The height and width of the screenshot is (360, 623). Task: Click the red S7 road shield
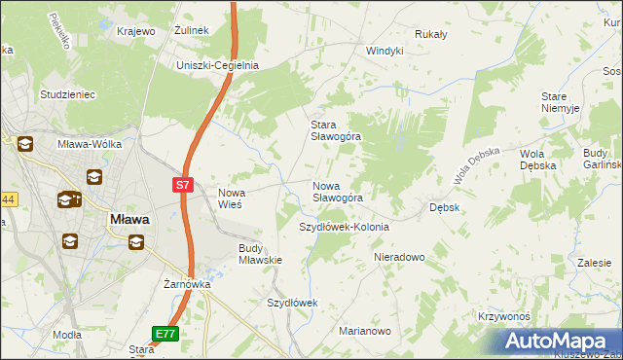(183, 182)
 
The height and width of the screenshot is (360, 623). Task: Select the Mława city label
(128, 219)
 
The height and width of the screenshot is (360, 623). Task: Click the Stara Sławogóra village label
(335, 130)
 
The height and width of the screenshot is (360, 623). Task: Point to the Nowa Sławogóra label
(337, 192)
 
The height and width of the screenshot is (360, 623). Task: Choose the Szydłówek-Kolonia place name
(343, 227)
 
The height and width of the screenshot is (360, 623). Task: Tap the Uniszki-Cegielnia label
(216, 65)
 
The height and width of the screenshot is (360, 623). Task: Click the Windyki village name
(385, 51)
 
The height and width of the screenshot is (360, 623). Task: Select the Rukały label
(430, 34)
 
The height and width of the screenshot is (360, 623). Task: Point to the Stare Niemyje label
(561, 102)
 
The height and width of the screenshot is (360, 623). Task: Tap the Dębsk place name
(444, 207)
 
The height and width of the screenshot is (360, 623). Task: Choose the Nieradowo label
(400, 258)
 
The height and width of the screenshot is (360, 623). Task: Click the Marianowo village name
(364, 331)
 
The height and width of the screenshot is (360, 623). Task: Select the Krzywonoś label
(503, 317)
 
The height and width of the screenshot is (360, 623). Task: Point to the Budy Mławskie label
(260, 254)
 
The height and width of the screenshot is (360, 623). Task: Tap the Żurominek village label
(192, 31)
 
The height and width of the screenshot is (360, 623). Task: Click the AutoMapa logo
(558, 341)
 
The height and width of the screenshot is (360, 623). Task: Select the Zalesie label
(593, 263)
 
